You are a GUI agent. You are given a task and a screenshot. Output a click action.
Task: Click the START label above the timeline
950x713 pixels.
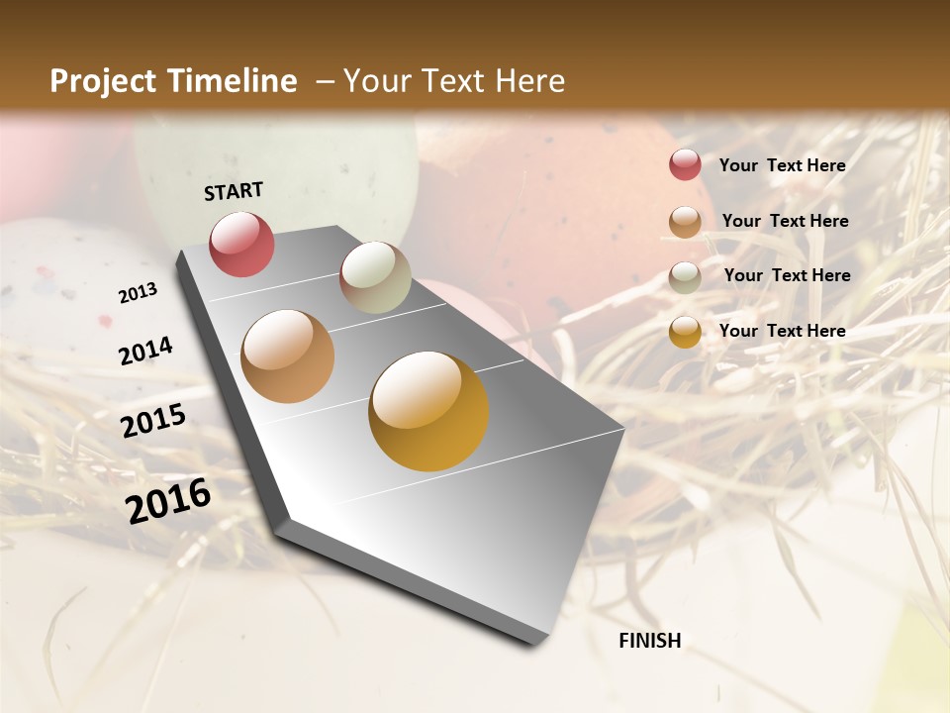(x=234, y=191)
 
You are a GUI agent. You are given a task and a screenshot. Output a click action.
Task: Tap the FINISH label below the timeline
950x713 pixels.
(x=650, y=641)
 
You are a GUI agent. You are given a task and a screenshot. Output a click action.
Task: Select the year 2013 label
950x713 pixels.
(x=138, y=292)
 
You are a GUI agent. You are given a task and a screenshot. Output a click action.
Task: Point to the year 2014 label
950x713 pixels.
(x=145, y=351)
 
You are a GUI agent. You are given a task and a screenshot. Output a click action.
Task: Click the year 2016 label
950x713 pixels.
(x=168, y=500)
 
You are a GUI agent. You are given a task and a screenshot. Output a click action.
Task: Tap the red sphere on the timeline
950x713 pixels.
(x=242, y=245)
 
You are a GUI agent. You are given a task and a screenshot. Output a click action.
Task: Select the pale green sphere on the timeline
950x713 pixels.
(x=375, y=277)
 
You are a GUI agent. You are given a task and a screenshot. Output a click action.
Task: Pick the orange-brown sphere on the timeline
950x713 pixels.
(x=288, y=356)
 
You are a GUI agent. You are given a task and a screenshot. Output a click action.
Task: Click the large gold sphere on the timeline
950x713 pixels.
(x=428, y=411)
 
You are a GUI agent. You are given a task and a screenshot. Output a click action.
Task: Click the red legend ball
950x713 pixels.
(x=685, y=165)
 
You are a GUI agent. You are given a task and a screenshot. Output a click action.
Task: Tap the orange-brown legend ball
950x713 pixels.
(x=685, y=222)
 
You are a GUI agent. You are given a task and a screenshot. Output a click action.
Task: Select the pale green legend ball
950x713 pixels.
(x=685, y=276)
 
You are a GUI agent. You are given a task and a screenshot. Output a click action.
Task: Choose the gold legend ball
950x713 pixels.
(x=685, y=332)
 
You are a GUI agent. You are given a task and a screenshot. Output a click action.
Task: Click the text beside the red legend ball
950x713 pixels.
(x=782, y=165)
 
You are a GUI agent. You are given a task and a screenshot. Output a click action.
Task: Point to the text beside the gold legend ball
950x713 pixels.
(x=782, y=331)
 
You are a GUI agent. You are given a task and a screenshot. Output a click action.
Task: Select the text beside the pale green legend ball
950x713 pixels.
(x=787, y=275)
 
